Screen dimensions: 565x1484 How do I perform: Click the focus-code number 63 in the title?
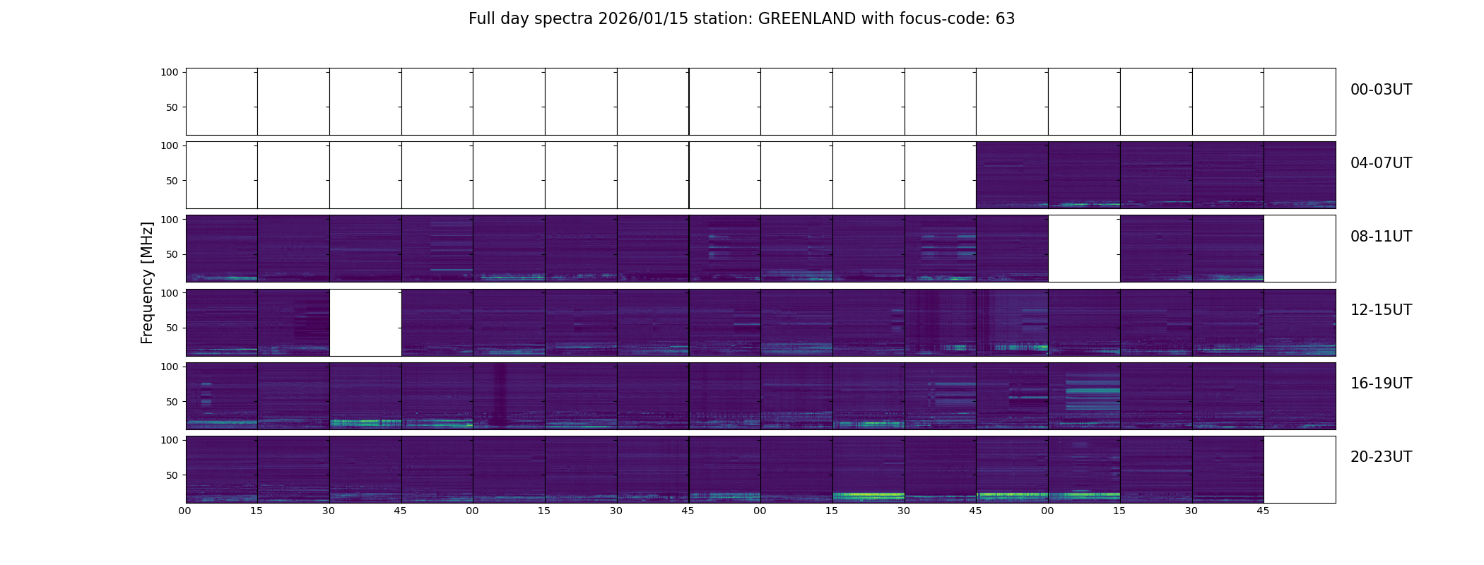click(x=1005, y=19)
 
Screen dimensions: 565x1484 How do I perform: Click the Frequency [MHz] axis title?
click(x=147, y=282)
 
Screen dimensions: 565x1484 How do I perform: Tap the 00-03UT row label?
click(x=1381, y=90)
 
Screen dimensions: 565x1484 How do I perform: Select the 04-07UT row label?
click(x=1381, y=163)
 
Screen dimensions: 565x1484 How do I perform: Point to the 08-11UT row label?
click(x=1381, y=237)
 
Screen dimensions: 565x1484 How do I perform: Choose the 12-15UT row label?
click(x=1381, y=310)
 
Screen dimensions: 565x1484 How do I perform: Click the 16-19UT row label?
click(x=1381, y=383)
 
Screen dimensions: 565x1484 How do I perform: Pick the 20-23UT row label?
click(x=1381, y=457)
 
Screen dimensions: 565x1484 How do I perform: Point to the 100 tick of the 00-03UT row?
click(x=170, y=72)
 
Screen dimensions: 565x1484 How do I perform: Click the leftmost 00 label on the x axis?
click(x=185, y=511)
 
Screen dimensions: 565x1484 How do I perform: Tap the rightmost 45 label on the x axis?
click(x=1263, y=511)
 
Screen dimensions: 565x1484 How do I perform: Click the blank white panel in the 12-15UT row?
click(x=365, y=323)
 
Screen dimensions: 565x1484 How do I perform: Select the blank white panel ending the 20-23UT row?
click(x=1300, y=470)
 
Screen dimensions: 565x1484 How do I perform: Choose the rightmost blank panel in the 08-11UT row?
click(x=1300, y=249)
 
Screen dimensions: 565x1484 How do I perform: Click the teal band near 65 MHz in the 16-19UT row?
click(x=1093, y=390)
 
